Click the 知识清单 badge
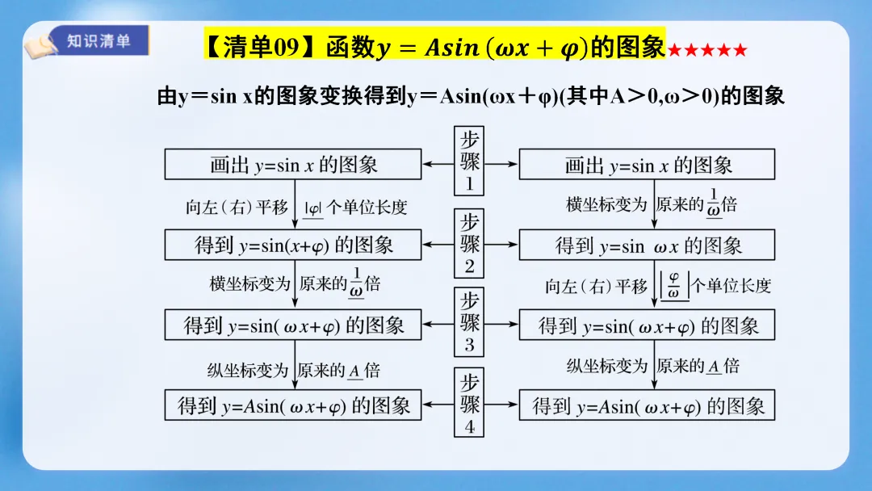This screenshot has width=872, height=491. pos(99,40)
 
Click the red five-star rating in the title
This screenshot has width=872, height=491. pos(706,51)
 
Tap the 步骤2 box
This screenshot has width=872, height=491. pos(469,243)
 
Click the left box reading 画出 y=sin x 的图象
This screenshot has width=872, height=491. pos(293,165)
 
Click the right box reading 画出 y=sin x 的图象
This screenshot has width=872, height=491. pos(647,165)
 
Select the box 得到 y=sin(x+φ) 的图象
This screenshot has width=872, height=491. pos(293,244)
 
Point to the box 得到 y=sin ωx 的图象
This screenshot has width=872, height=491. pos(647,245)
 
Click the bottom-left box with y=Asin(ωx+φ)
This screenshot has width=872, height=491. pos(293,405)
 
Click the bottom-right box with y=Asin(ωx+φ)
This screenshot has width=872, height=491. pos(647,405)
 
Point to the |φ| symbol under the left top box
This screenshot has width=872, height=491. pos(313,207)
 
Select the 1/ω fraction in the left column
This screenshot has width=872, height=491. pos(355,283)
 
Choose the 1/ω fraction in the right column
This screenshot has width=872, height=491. pos(713,204)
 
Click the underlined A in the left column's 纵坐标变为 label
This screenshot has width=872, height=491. pos(354,371)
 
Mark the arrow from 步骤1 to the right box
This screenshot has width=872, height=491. pos(501,164)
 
